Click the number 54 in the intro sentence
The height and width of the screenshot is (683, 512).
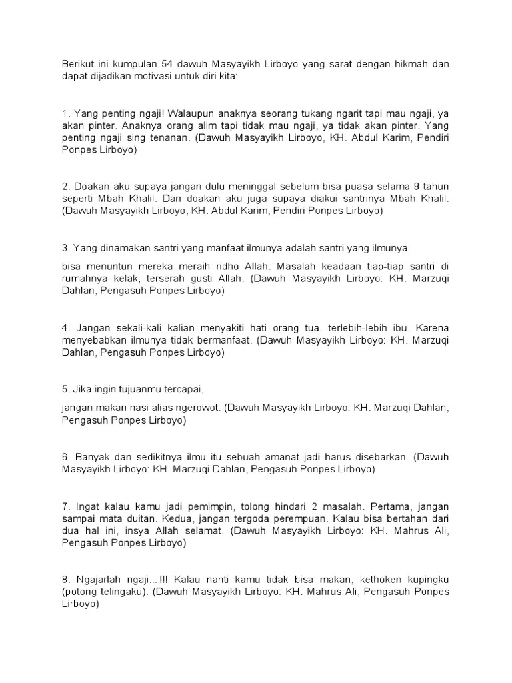click(x=167, y=65)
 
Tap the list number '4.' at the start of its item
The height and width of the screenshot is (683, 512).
click(x=66, y=327)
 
